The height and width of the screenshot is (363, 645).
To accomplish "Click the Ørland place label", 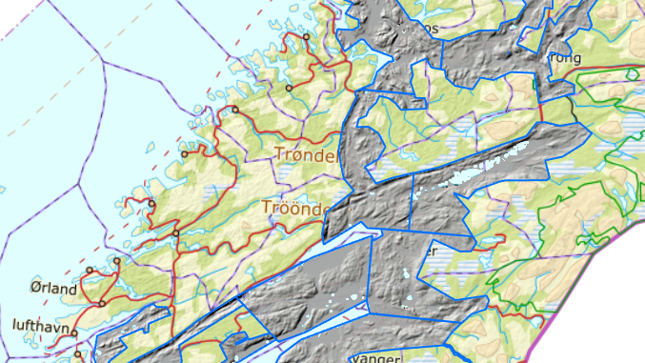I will [52, 288].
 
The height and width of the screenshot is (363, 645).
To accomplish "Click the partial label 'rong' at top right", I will [566, 57].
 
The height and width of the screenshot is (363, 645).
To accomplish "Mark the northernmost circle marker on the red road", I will [307, 37].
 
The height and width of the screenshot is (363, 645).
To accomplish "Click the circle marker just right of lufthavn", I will [74, 333].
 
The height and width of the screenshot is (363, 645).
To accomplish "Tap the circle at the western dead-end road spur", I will [184, 153].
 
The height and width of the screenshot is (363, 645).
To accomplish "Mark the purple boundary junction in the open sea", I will [102, 62].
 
